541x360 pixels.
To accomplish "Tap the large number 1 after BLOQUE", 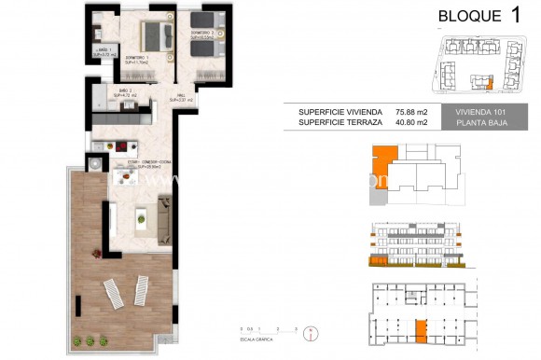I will tap(516, 14).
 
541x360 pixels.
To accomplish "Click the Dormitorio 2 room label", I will tap(203, 35).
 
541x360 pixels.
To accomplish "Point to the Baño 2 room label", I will tap(125, 92).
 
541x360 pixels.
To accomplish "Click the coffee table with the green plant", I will tap(141, 216).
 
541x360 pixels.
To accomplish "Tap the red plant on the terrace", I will tap(96, 249).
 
